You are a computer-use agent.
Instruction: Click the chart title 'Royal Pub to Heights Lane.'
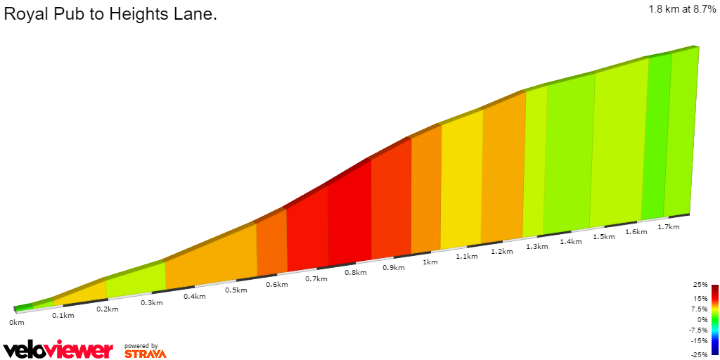(x=110, y=14)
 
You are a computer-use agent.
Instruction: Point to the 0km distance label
(x=17, y=323)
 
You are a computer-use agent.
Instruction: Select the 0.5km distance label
(x=236, y=290)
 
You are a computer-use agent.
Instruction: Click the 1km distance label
(x=430, y=262)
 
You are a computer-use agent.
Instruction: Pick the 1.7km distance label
(x=668, y=227)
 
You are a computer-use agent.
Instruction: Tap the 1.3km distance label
(x=537, y=246)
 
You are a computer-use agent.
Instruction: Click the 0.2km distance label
(x=107, y=309)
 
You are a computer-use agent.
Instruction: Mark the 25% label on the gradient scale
(x=700, y=285)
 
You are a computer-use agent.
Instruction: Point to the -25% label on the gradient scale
(x=699, y=354)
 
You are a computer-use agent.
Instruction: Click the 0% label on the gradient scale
(x=702, y=319)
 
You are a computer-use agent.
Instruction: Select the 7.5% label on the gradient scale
(x=700, y=309)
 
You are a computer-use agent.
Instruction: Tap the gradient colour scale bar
(x=714, y=319)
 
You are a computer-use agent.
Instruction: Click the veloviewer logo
(x=58, y=349)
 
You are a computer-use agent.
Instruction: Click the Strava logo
(x=145, y=353)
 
